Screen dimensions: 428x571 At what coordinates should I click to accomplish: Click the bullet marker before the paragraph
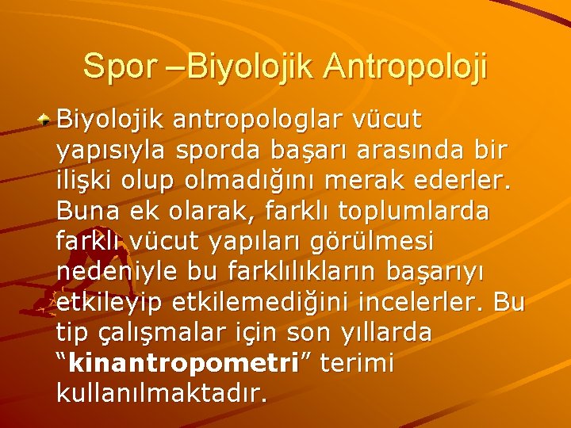point(48,120)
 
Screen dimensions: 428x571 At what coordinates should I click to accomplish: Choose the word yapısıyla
point(113,152)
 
